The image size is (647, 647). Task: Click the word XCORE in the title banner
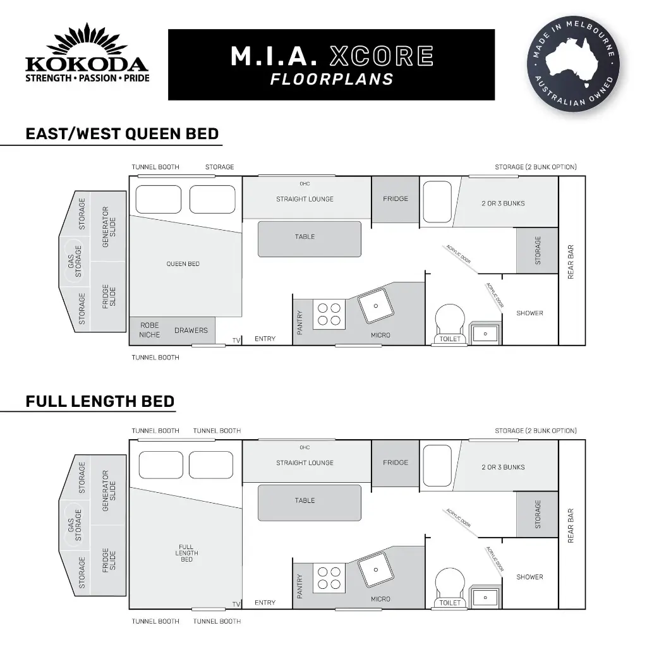pos(382,57)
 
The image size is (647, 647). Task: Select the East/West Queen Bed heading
pos(122,134)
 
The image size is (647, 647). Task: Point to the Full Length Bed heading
pos(100,401)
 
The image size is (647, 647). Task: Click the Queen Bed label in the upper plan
pos(183,263)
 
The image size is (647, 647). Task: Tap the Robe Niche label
pos(150,330)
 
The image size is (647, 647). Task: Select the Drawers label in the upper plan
pos(191,330)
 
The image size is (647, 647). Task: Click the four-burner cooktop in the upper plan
pos(329,314)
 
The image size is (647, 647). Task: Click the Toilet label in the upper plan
pos(450,339)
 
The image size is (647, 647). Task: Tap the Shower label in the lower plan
pos(529,577)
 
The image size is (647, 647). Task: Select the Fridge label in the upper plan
pos(396,199)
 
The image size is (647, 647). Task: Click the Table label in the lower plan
pos(305,500)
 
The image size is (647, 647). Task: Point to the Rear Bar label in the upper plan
pos(571,262)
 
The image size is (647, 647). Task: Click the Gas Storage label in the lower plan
pos(75,526)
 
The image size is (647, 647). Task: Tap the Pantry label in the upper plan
pos(299,322)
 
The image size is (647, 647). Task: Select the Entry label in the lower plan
pos(265,603)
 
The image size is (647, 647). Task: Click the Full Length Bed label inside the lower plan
pos(186,553)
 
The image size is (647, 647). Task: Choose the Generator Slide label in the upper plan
pos(109,226)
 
